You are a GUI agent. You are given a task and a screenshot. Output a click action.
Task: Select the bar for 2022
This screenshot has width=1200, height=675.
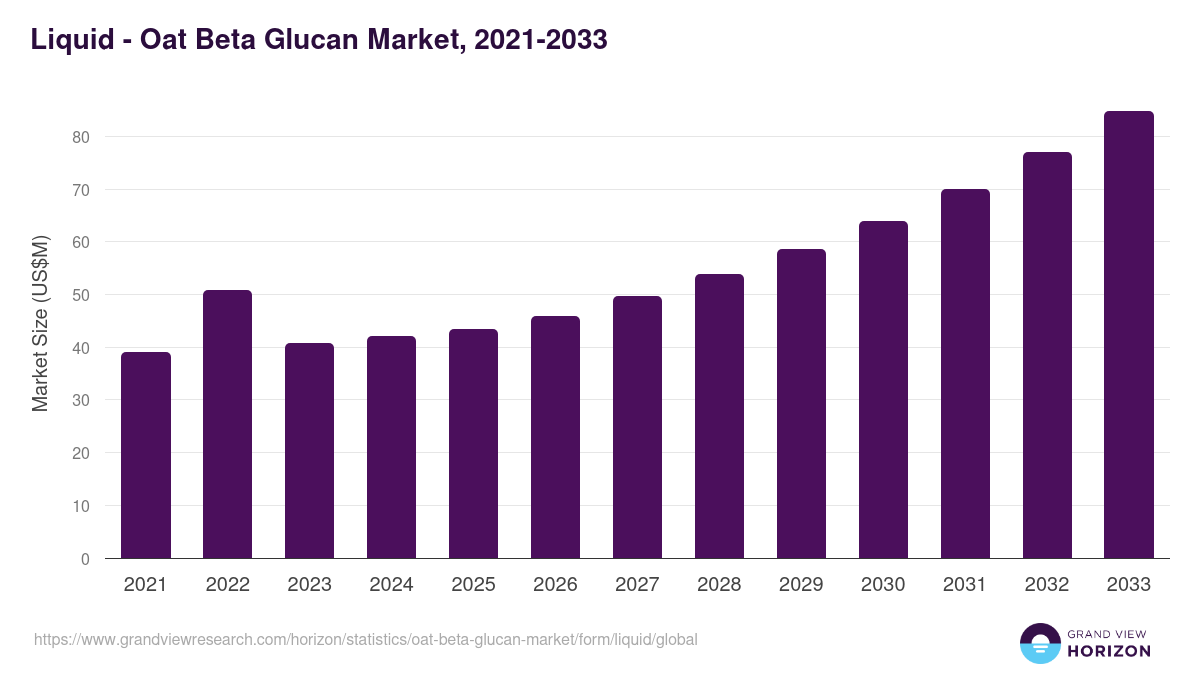click(227, 424)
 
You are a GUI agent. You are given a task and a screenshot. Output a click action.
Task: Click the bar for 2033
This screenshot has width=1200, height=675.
click(1129, 335)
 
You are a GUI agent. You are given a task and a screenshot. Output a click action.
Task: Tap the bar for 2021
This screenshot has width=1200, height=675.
click(146, 455)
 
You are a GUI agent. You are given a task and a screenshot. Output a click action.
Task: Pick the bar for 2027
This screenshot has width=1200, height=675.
click(637, 427)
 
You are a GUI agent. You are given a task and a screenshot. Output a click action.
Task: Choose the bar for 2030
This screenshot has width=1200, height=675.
click(883, 390)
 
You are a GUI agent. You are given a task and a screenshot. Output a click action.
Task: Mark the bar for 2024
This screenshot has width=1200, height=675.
click(391, 447)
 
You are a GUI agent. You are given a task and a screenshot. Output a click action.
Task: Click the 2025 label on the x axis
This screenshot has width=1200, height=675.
click(473, 585)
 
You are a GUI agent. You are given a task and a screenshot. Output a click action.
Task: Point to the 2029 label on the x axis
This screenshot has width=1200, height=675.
click(801, 585)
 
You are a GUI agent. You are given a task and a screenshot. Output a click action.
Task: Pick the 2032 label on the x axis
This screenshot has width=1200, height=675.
click(1047, 585)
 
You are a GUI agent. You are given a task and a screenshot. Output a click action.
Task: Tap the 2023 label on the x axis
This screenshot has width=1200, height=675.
click(309, 585)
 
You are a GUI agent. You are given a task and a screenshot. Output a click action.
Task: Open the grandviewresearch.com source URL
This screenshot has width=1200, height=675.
click(365, 639)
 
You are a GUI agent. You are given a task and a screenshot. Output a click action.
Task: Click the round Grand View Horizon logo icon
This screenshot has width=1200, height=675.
click(1040, 643)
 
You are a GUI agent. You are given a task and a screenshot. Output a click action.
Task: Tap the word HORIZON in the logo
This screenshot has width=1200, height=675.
click(1109, 651)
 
